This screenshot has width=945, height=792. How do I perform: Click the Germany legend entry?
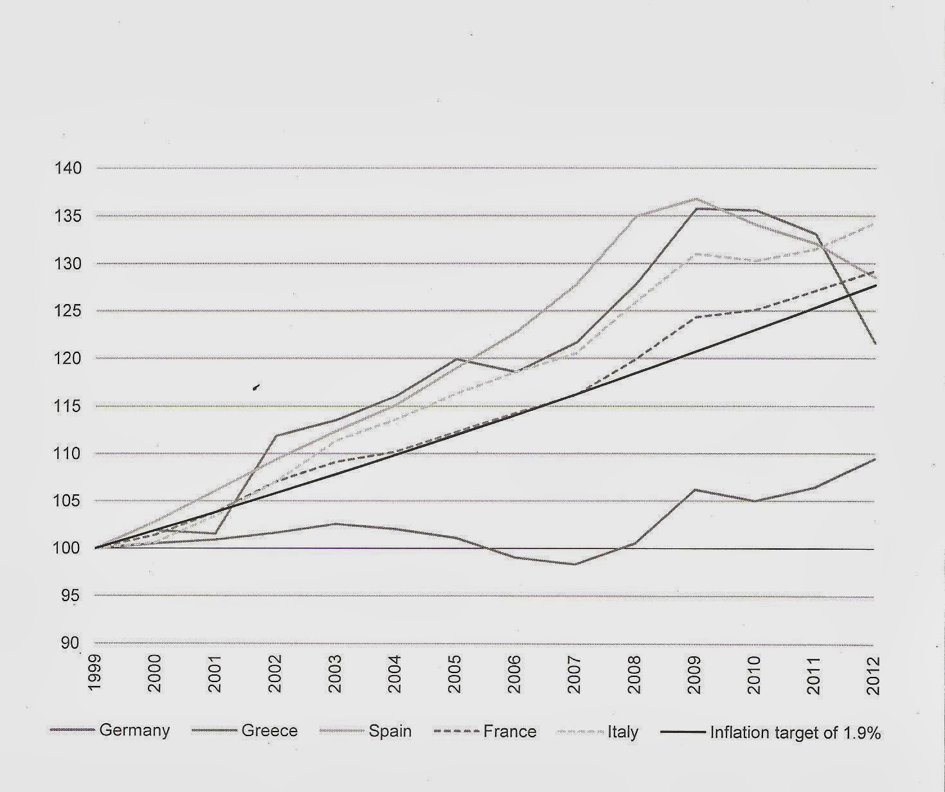(x=134, y=731)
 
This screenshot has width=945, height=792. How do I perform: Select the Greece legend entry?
(x=269, y=731)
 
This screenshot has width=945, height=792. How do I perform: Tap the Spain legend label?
(x=390, y=731)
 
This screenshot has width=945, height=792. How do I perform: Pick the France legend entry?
(x=509, y=731)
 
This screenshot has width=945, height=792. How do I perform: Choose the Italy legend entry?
(x=622, y=731)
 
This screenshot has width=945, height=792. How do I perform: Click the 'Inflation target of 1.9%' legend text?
(x=795, y=732)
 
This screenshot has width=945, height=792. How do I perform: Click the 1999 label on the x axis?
(x=95, y=674)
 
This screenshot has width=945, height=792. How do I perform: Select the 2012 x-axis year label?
(x=874, y=674)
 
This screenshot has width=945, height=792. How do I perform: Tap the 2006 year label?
(x=514, y=674)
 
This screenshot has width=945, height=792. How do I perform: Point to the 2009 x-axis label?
(x=694, y=674)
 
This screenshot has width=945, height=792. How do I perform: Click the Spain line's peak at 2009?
(x=695, y=199)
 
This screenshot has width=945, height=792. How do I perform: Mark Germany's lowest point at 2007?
(x=575, y=564)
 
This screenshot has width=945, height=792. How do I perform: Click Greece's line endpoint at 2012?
(x=874, y=343)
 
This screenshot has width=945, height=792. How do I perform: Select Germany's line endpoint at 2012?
(x=874, y=459)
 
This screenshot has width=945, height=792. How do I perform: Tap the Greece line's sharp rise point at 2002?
(x=276, y=436)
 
